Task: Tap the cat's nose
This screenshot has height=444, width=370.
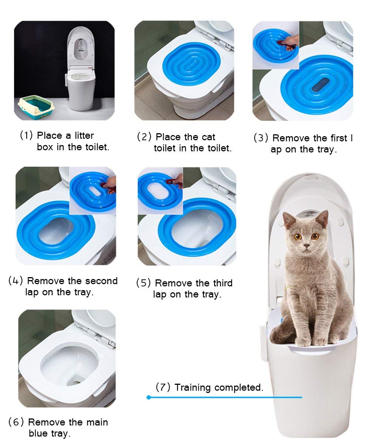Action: click(306, 245)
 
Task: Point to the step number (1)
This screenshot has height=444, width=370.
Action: click(26, 135)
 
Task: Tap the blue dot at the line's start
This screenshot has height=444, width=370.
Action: click(148, 397)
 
